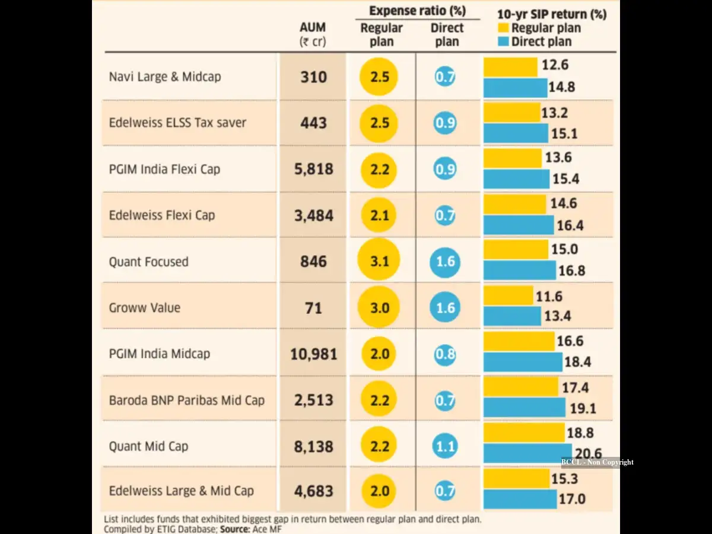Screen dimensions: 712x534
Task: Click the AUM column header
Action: pyautogui.click(x=313, y=34)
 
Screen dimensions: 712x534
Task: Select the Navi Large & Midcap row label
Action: pyautogui.click(x=165, y=77)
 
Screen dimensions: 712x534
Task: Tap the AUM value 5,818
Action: pyautogui.click(x=313, y=169)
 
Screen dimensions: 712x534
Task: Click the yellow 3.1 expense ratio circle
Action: pyautogui.click(x=379, y=260)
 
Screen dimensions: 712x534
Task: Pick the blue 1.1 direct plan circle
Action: pyautogui.click(x=445, y=446)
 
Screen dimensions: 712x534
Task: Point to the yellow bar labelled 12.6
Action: pyautogui.click(x=511, y=67)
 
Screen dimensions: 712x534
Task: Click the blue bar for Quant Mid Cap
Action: pyautogui.click(x=527, y=453)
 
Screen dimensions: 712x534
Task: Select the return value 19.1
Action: pyautogui.click(x=583, y=409)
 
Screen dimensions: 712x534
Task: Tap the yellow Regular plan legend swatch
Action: pyautogui.click(x=503, y=28)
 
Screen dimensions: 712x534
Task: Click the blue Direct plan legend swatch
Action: pyautogui.click(x=503, y=42)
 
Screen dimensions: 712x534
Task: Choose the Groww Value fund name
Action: pyautogui.click(x=144, y=308)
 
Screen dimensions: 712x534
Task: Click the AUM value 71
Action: pyautogui.click(x=313, y=308)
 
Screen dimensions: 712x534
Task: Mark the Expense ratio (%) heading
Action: pyautogui.click(x=418, y=11)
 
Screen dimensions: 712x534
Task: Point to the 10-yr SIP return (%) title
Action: pyautogui.click(x=552, y=14)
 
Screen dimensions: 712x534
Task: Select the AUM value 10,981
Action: pyautogui.click(x=313, y=354)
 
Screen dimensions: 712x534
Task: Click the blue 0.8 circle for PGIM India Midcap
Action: pyautogui.click(x=445, y=354)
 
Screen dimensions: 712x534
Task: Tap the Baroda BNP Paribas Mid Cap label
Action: pyautogui.click(x=187, y=401)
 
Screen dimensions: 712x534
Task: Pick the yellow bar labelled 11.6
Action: pyautogui.click(x=508, y=295)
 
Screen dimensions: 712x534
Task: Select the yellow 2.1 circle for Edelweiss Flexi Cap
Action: pyautogui.click(x=379, y=215)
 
